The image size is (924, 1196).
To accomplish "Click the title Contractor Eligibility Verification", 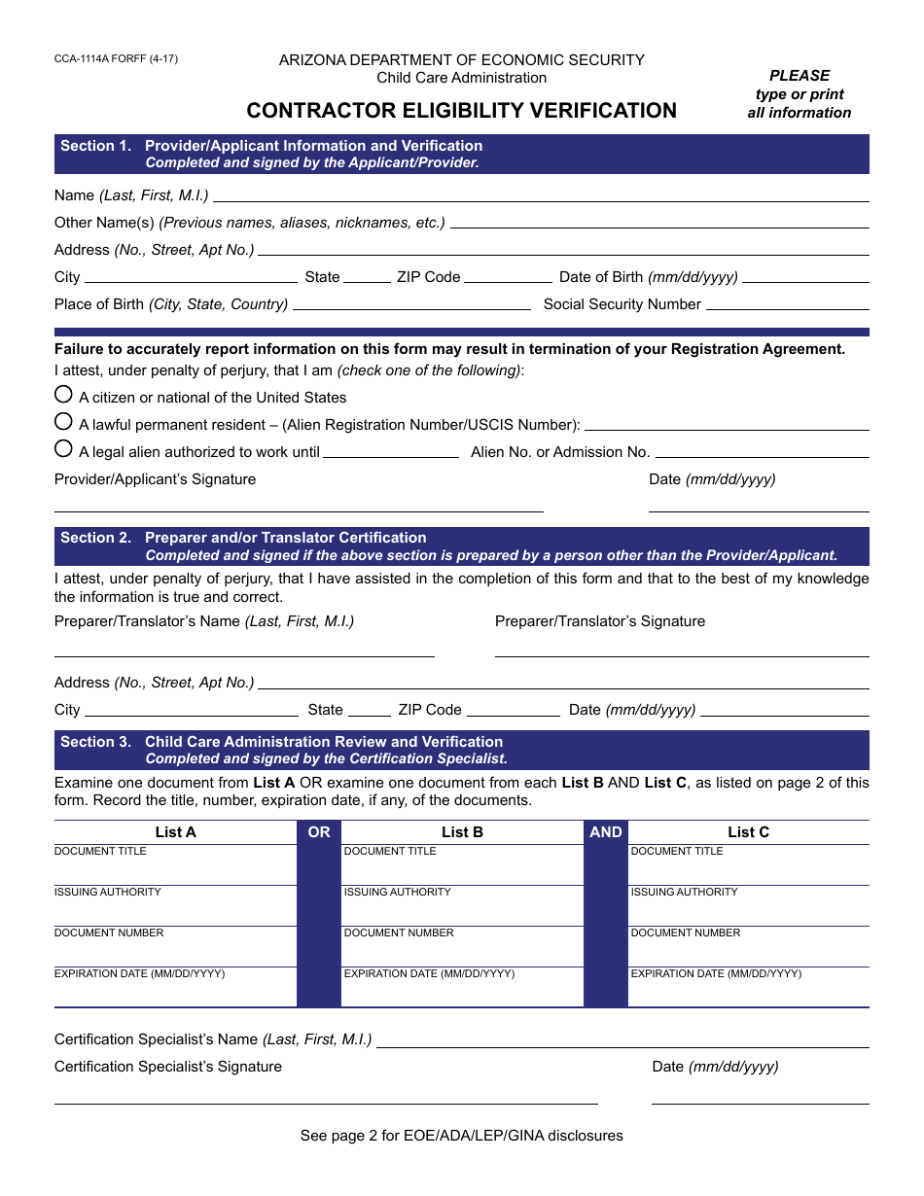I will [x=461, y=111].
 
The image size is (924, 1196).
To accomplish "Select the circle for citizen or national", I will [x=63, y=395].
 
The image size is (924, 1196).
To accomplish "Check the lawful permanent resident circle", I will [x=63, y=422].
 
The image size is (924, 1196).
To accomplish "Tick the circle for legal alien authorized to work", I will [x=63, y=449].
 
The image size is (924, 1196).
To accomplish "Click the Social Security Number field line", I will [x=787, y=305].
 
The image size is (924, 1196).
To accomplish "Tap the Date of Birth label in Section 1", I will [x=648, y=277].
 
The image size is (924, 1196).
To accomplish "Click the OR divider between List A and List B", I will [x=319, y=832].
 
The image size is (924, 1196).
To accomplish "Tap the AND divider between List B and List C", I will [x=605, y=832].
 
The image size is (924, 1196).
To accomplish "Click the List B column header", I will [x=462, y=832].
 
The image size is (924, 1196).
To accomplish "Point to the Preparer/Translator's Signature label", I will [x=599, y=621].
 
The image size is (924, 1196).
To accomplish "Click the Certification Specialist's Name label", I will [x=213, y=1039].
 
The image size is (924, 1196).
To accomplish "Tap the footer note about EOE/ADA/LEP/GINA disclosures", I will [x=461, y=1136].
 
